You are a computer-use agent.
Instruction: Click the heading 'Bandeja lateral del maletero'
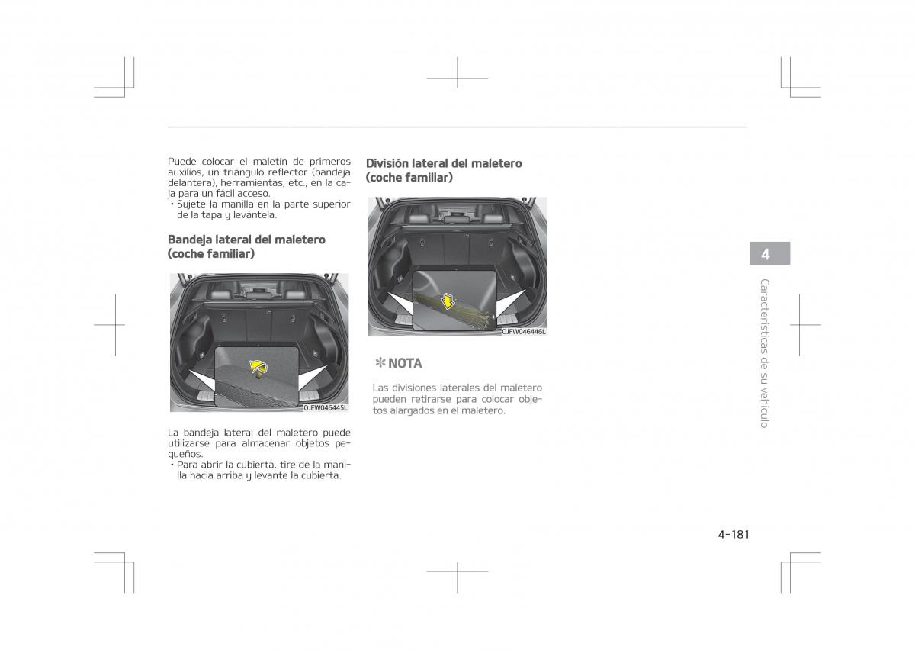pyautogui.click(x=246, y=240)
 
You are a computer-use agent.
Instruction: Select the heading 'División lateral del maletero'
pyautogui.click(x=444, y=163)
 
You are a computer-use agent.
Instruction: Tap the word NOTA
pyautogui.click(x=405, y=363)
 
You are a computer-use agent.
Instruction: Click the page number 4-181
pyautogui.click(x=734, y=535)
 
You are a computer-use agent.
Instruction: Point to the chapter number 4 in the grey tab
pyautogui.click(x=766, y=254)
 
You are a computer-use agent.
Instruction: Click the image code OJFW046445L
pyautogui.click(x=325, y=407)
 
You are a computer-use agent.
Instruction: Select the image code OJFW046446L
pyautogui.click(x=523, y=332)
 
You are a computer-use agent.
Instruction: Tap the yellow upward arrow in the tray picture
pyautogui.click(x=258, y=367)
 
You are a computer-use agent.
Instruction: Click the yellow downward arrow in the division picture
pyautogui.click(x=448, y=301)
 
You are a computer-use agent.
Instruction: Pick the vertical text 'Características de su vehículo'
pyautogui.click(x=765, y=353)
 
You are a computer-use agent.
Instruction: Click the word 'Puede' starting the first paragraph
pyautogui.click(x=181, y=162)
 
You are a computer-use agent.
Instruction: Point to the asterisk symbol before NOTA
pyautogui.click(x=380, y=362)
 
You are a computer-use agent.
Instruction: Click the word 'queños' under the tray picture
pyautogui.click(x=185, y=454)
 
